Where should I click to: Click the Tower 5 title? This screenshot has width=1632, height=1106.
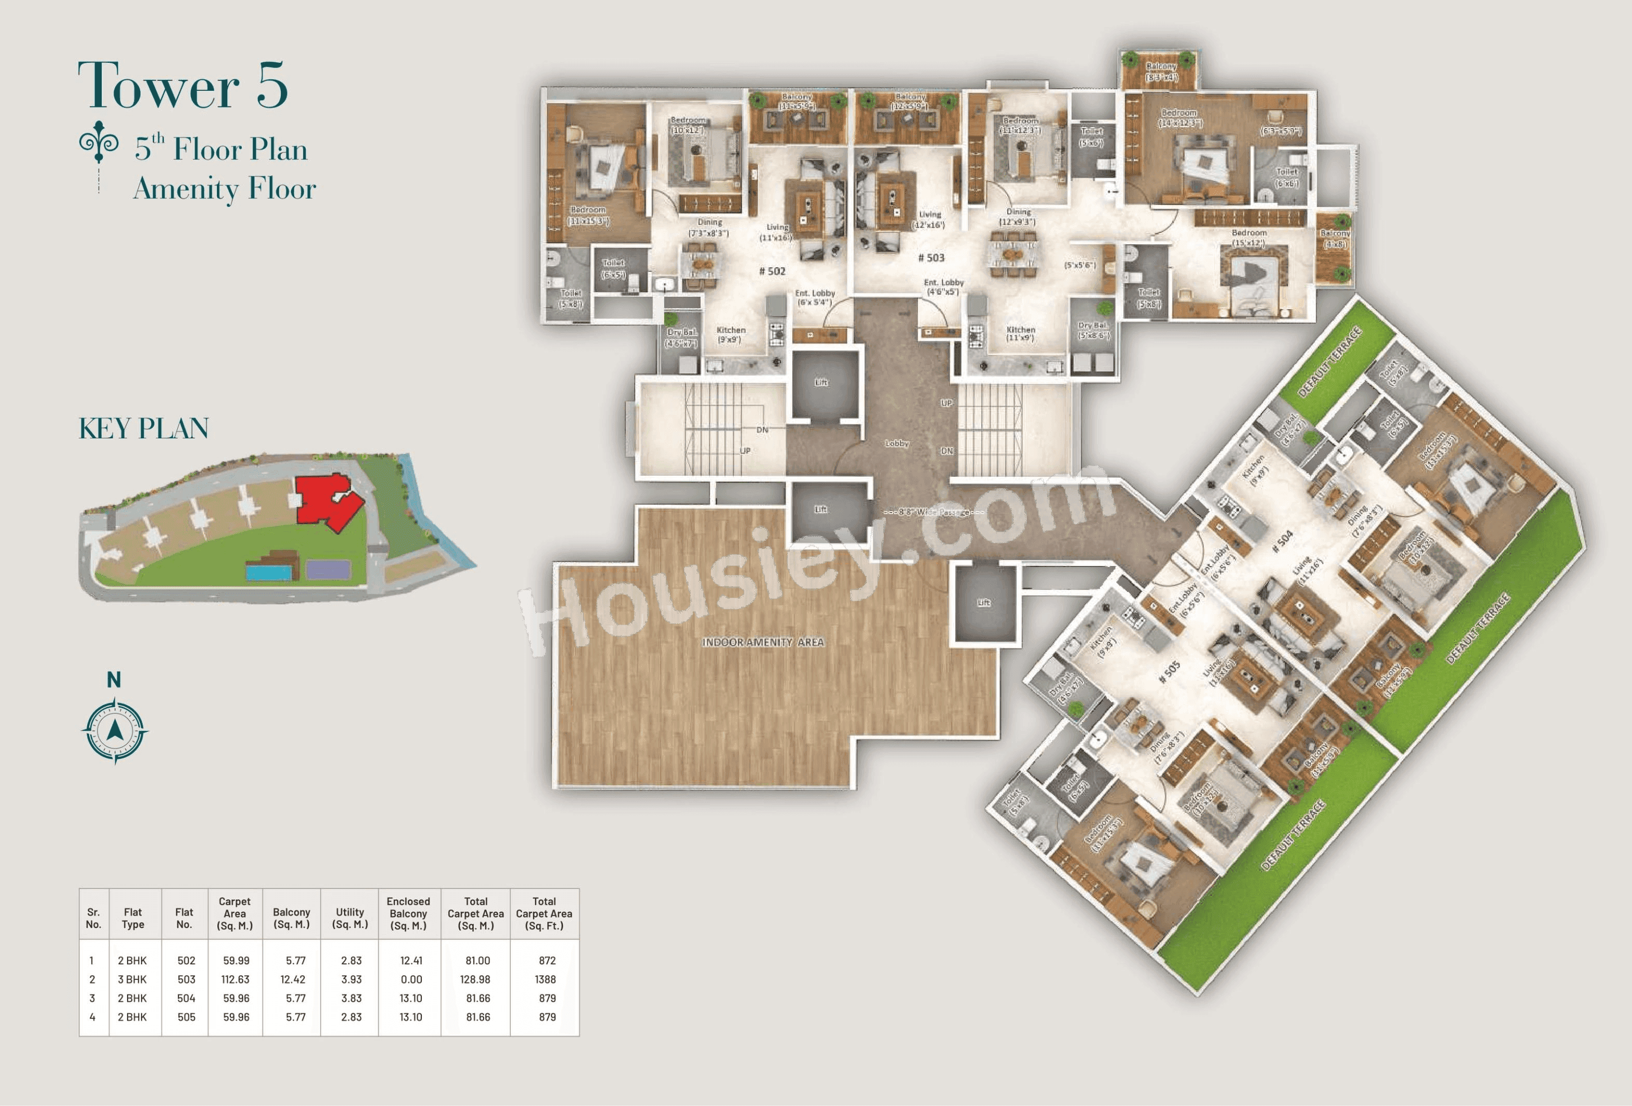(x=183, y=86)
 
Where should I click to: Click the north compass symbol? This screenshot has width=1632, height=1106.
(x=115, y=731)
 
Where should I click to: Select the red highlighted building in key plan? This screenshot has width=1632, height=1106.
(x=326, y=501)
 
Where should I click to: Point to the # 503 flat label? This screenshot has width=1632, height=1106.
(x=931, y=258)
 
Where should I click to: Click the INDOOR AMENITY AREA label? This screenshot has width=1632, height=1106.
(x=763, y=642)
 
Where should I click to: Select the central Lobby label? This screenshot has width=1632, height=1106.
(x=897, y=443)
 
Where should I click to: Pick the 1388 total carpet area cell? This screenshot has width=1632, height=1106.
(x=545, y=979)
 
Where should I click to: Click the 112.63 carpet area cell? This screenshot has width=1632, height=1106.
(x=235, y=979)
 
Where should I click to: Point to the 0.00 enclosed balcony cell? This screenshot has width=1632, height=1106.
(x=411, y=979)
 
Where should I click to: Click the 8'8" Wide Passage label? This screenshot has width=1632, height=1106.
(x=934, y=513)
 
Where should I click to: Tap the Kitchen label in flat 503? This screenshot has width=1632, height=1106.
(x=1020, y=329)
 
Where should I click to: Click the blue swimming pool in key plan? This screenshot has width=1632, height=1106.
(x=268, y=572)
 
